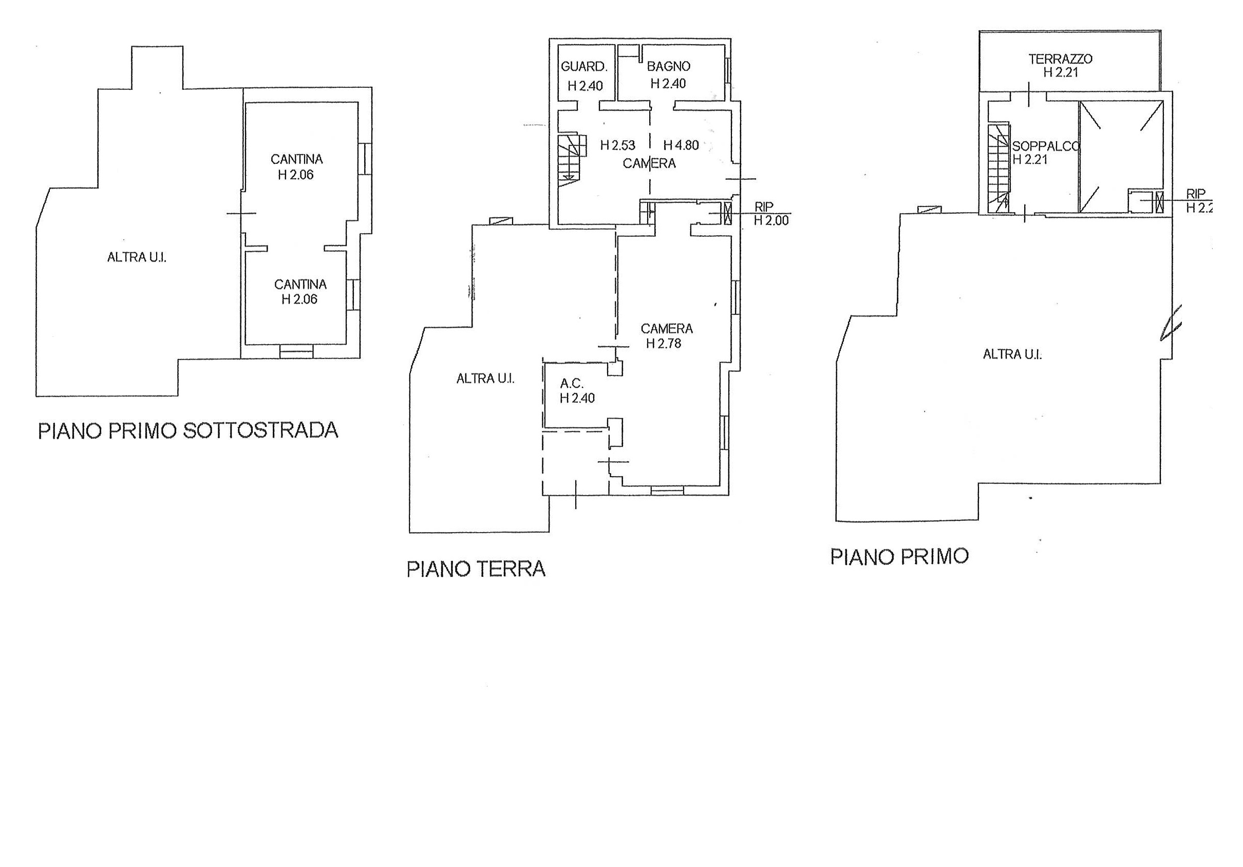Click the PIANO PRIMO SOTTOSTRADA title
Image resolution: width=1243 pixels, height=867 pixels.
point(188,431)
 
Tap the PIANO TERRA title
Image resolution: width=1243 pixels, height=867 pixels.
point(476,569)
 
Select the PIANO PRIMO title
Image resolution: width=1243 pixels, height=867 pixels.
point(899,556)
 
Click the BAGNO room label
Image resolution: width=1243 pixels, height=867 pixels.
point(669,67)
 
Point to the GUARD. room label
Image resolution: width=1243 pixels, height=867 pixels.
point(584,67)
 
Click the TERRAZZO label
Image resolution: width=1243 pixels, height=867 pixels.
point(1061,59)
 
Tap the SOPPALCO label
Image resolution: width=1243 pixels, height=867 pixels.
point(1046,146)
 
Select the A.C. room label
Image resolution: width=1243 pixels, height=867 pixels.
point(572,384)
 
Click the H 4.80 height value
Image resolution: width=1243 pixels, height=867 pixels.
point(681,145)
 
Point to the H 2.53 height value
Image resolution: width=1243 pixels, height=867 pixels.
point(618,145)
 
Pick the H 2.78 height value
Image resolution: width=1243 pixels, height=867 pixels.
point(664,344)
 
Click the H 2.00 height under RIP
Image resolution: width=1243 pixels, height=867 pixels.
point(771,220)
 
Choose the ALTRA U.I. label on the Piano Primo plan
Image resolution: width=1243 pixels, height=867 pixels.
point(1012,354)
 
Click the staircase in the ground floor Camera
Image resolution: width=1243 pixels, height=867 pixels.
point(572,160)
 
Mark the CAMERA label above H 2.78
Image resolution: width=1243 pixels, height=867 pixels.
point(666,329)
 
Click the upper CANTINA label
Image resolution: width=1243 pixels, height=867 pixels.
point(297,159)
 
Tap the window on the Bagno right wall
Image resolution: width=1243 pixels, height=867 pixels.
point(728,74)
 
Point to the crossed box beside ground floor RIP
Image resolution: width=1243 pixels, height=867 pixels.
point(727,214)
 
